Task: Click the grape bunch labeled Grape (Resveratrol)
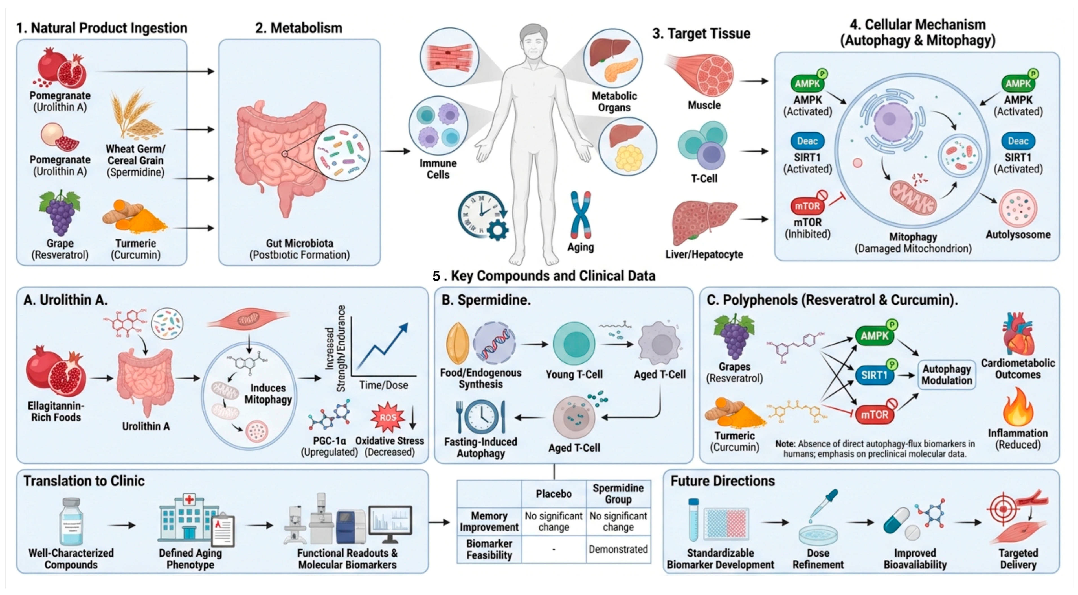[x=60, y=214]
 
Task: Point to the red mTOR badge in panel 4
[x=807, y=206]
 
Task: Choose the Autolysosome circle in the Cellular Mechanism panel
[x=1018, y=208]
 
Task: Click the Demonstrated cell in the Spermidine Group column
[x=618, y=549]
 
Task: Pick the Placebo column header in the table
[x=554, y=494]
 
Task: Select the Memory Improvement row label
[x=489, y=521]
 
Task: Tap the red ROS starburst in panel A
[x=388, y=417]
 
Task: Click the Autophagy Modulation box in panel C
[x=947, y=375]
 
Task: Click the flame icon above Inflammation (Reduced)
[x=1017, y=407]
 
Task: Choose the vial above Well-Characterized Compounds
[x=71, y=521]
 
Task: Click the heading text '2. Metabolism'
[x=299, y=28]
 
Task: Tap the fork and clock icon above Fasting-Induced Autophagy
[x=481, y=417]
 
